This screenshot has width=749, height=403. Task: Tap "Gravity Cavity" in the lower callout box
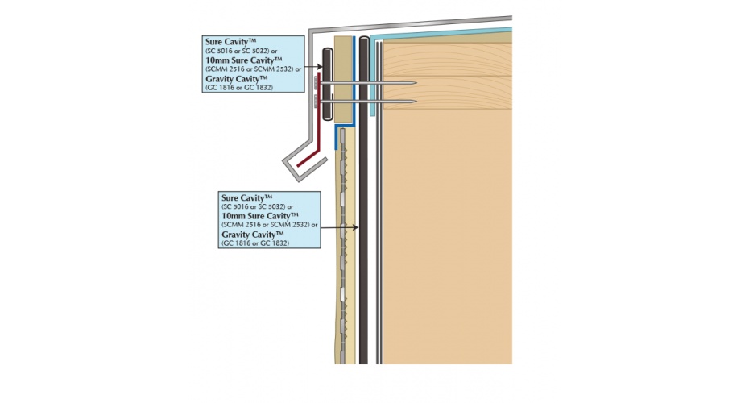256,235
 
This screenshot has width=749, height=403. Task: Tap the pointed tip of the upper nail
415,83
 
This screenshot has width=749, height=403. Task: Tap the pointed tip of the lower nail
415,102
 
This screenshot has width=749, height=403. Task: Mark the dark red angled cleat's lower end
300,170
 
